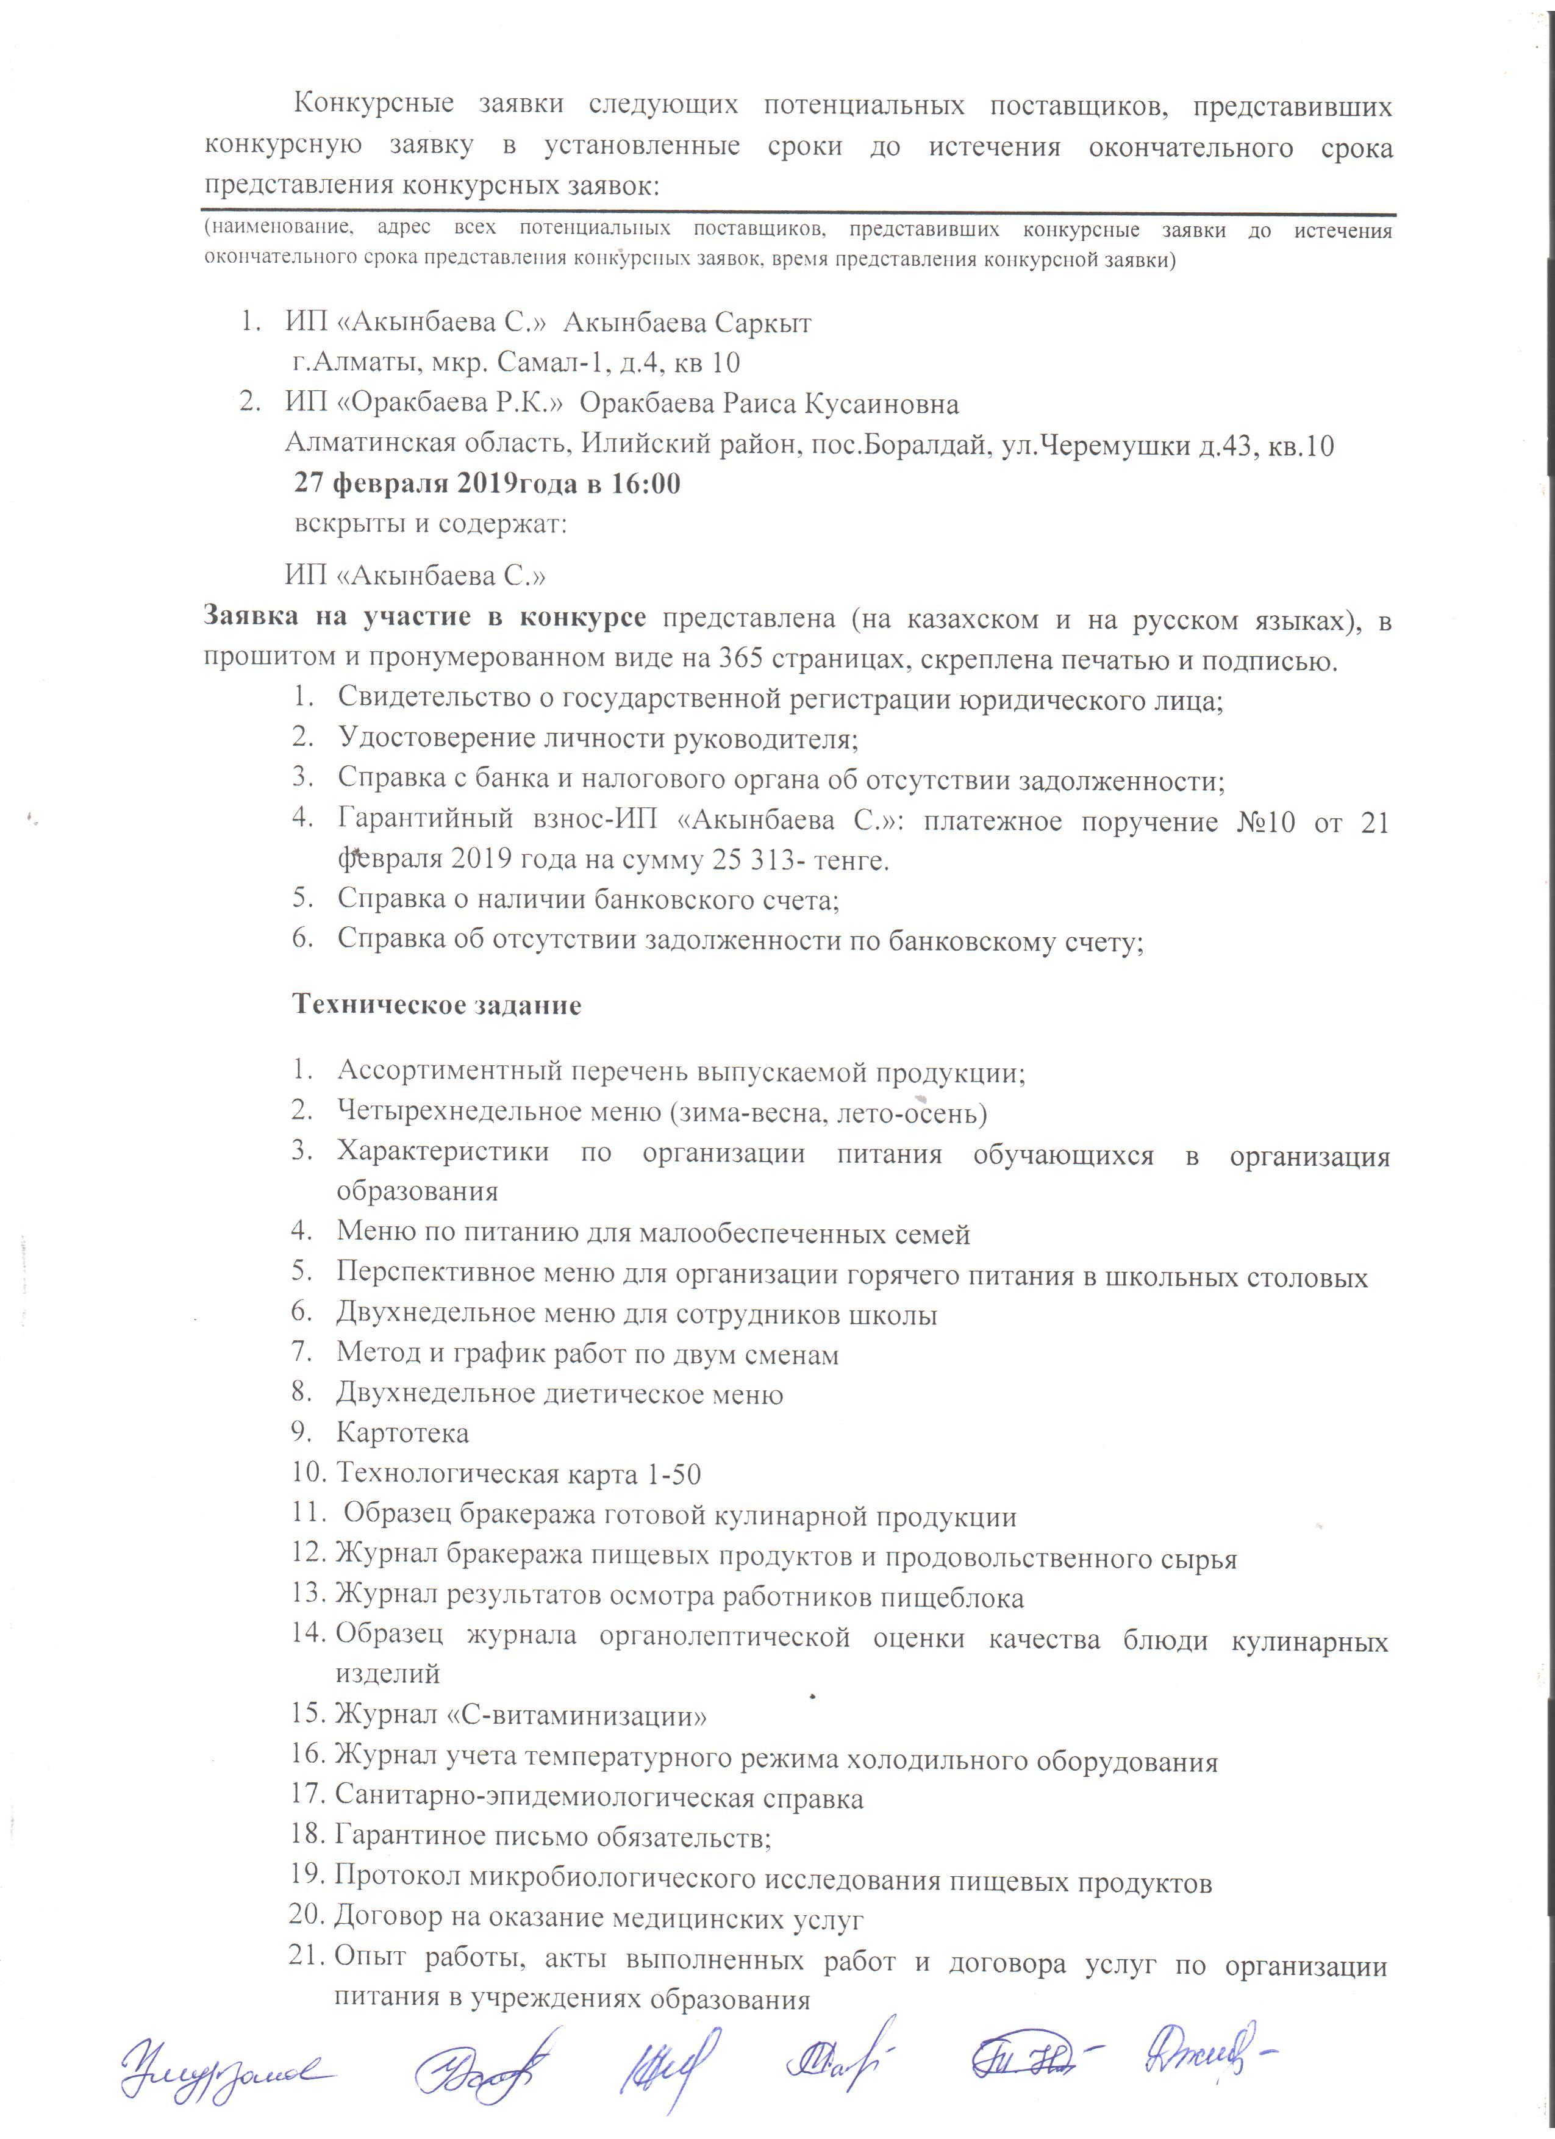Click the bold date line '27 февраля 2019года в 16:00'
[487, 484]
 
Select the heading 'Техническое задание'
[437, 1004]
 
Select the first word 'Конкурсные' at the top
[374, 105]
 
